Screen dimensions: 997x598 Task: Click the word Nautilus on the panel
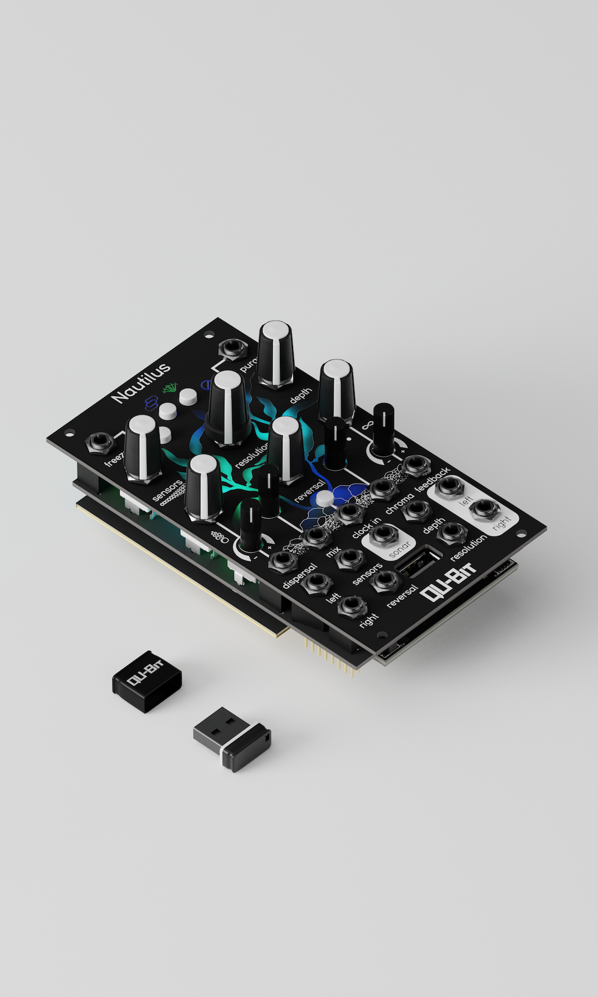[x=141, y=380]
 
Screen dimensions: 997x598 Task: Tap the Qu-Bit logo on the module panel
[x=450, y=583]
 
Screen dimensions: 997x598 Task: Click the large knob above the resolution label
[x=228, y=407]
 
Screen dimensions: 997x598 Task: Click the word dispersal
[x=298, y=576]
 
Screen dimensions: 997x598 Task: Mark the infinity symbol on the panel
[x=366, y=426]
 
